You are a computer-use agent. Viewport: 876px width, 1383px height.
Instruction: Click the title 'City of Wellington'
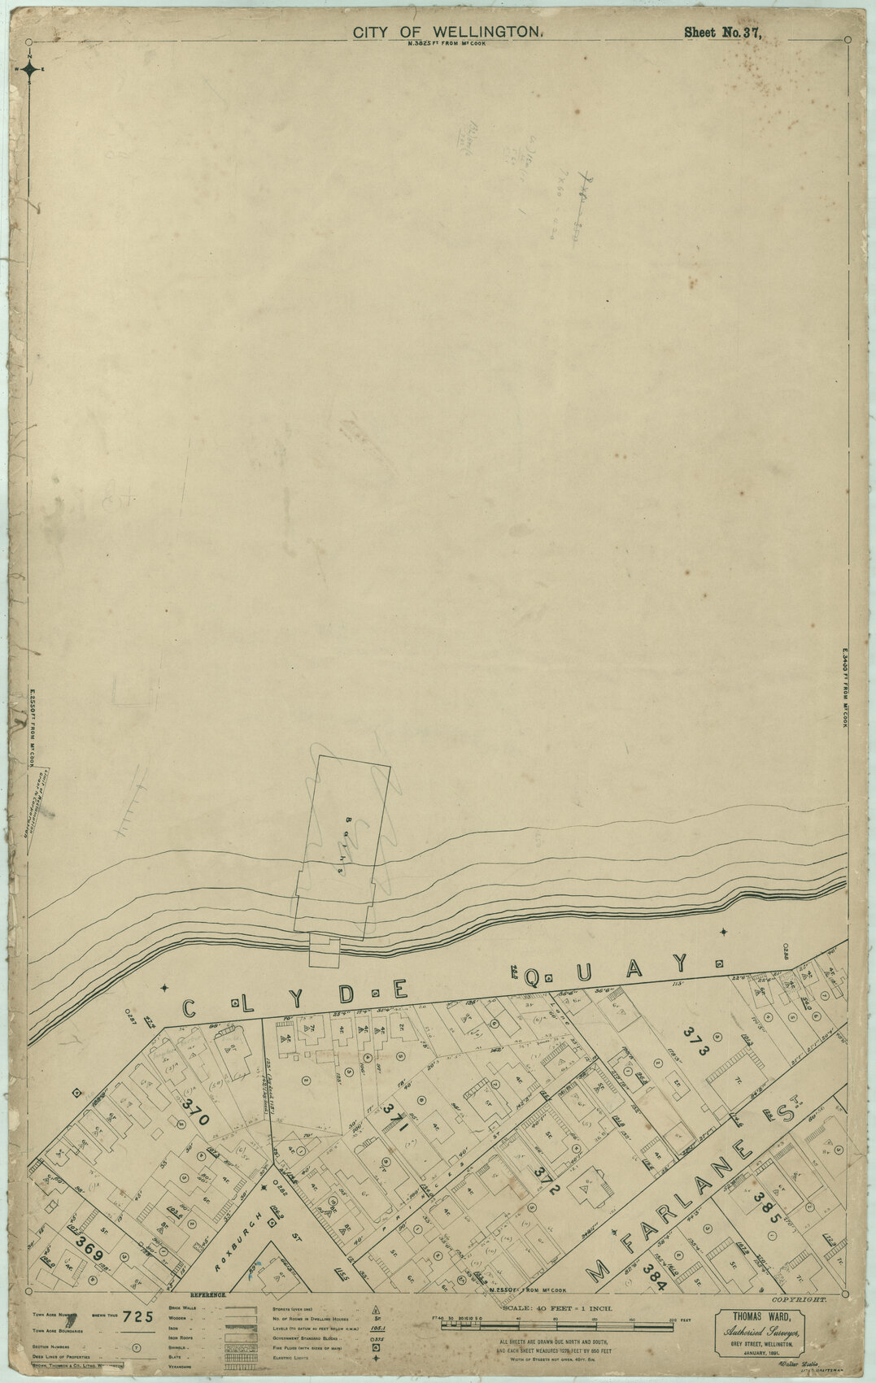pyautogui.click(x=447, y=32)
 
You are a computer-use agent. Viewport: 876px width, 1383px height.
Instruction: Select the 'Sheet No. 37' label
pyautogui.click(x=722, y=33)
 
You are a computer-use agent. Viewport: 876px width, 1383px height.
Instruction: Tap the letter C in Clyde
pyautogui.click(x=189, y=1009)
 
